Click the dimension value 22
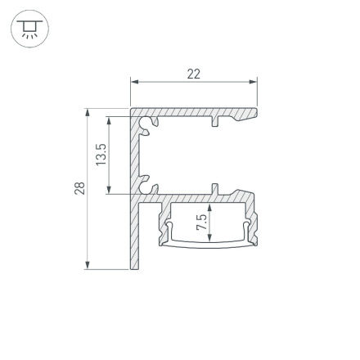pyautogui.click(x=194, y=74)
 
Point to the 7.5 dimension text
pyautogui.click(x=201, y=223)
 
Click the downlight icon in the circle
pyautogui.click(x=29, y=29)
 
